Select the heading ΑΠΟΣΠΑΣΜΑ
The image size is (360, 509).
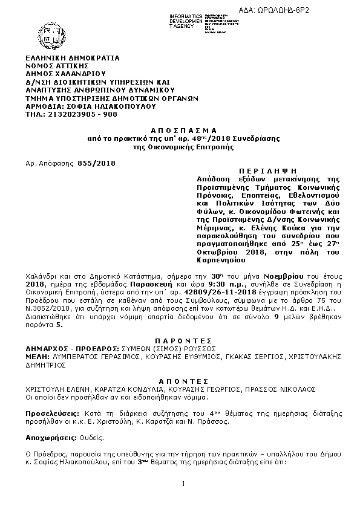(x=179, y=131)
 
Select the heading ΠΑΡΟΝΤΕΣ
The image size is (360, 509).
(x=179, y=341)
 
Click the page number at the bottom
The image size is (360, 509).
(x=182, y=483)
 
